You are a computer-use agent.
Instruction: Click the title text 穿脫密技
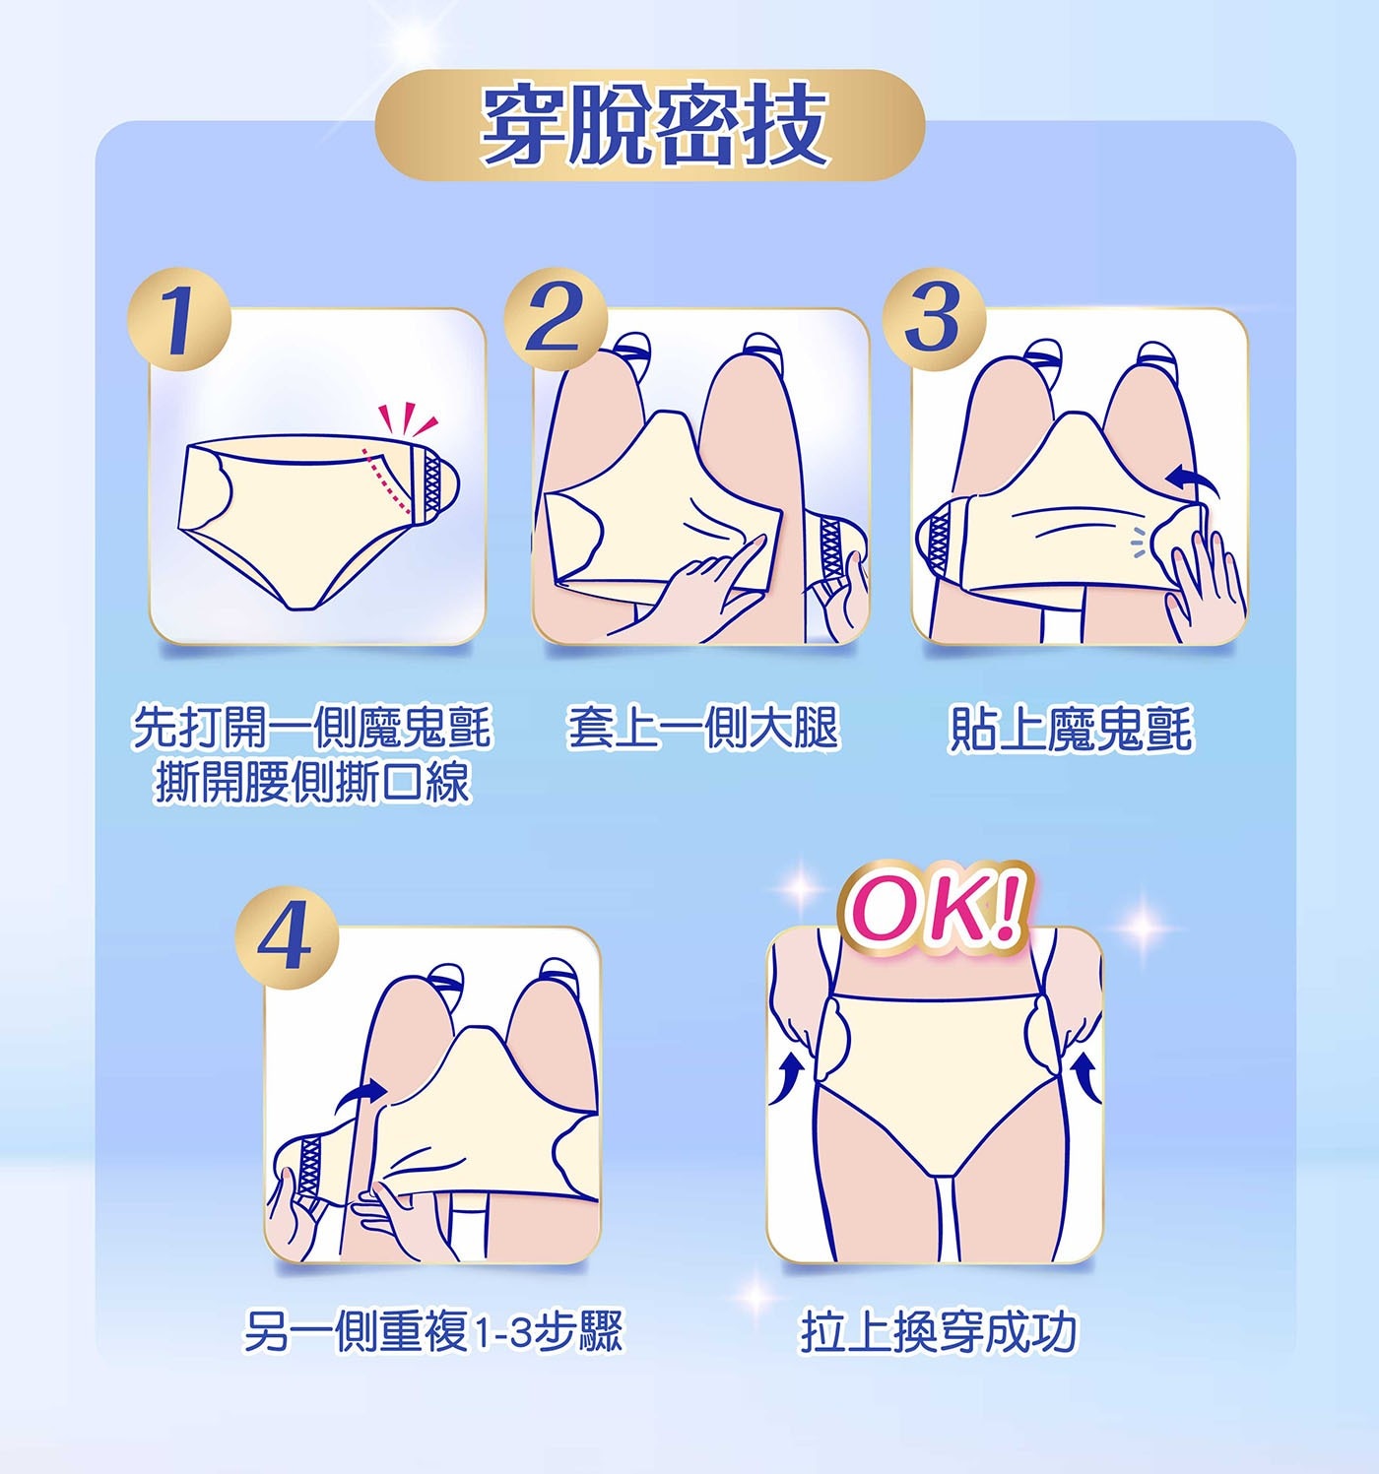click(x=652, y=125)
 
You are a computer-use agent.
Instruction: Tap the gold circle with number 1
click(x=179, y=321)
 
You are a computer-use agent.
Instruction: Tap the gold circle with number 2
click(x=553, y=319)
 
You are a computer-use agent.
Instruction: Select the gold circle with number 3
click(x=932, y=319)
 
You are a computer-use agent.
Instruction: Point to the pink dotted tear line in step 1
click(x=388, y=481)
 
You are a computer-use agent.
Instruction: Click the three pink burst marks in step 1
click(x=407, y=419)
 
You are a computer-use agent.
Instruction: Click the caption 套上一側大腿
click(x=702, y=730)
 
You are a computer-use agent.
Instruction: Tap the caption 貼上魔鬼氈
click(x=1070, y=730)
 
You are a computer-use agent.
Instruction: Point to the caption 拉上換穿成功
click(x=939, y=1331)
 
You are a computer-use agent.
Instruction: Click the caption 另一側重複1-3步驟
click(x=433, y=1331)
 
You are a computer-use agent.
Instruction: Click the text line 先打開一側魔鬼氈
click(x=311, y=729)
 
